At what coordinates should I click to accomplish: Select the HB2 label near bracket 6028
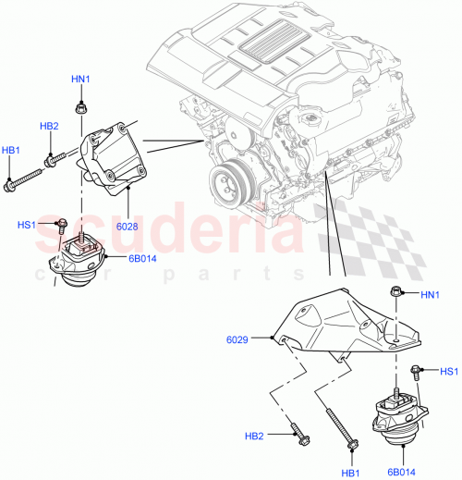coord(49,126)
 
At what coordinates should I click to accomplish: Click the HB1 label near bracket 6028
coord(11,150)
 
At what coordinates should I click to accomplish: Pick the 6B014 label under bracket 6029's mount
coord(401,472)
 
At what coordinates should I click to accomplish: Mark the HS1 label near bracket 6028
coord(27,225)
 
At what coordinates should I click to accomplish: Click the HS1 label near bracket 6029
coord(447,371)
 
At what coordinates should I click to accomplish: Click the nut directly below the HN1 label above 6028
coord(81,107)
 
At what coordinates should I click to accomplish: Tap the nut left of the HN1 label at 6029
coord(395,294)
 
